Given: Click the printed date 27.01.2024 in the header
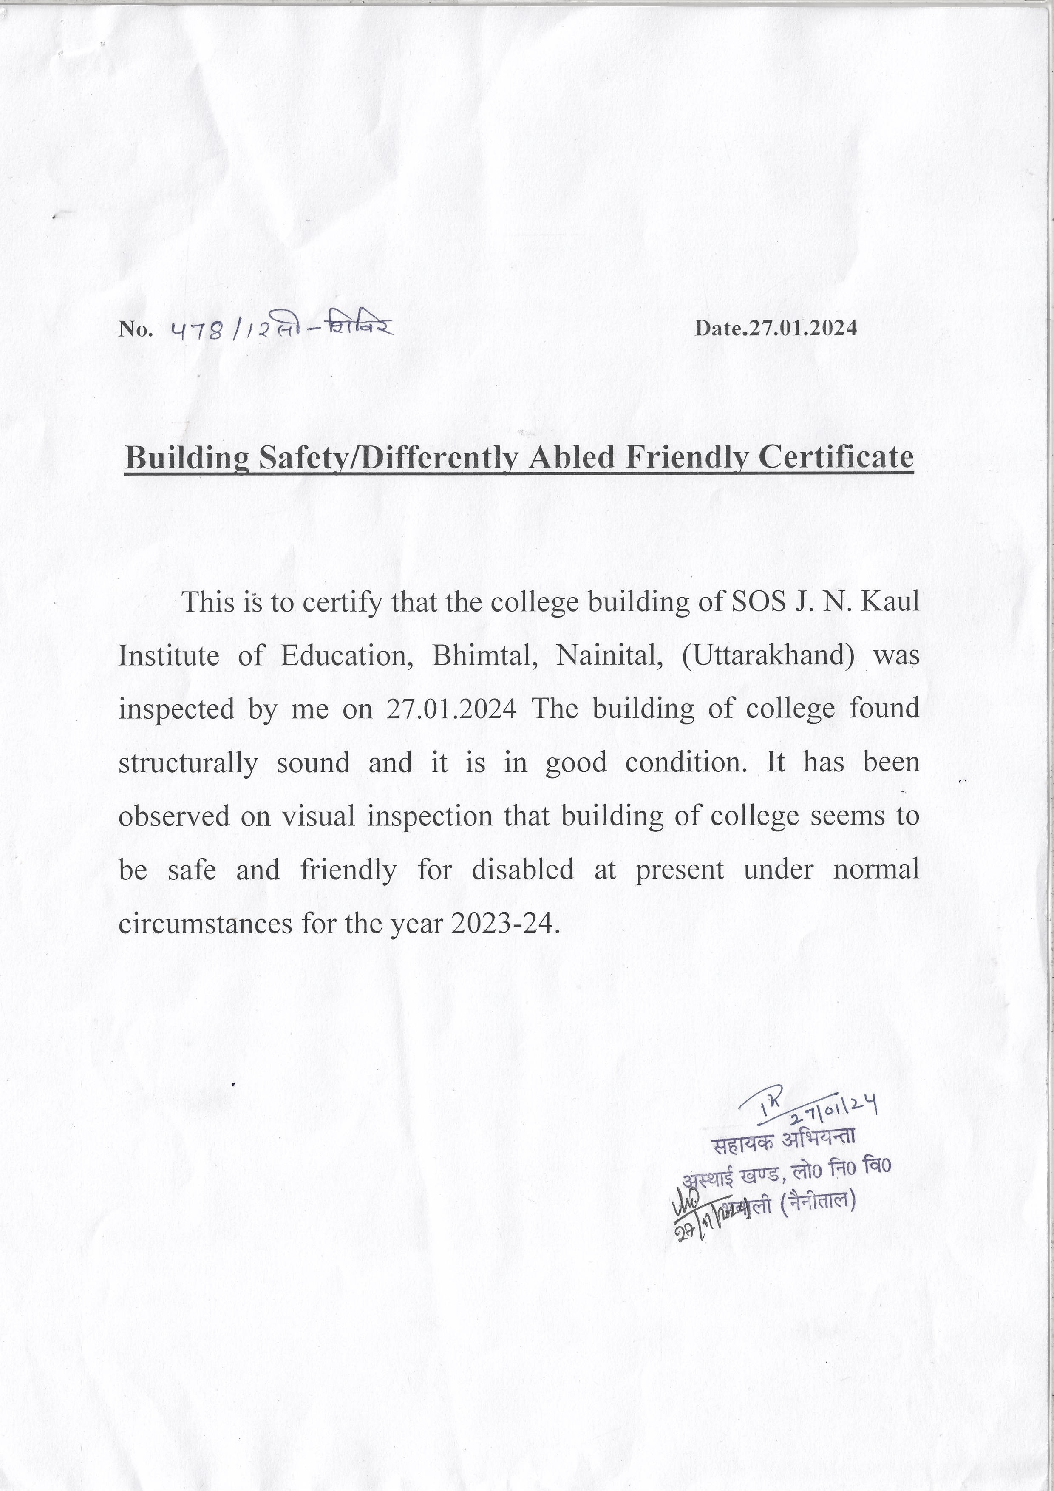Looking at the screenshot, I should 803,328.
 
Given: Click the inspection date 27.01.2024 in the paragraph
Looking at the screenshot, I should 451,709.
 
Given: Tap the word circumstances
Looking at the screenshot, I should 205,923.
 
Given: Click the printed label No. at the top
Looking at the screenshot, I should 136,330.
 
